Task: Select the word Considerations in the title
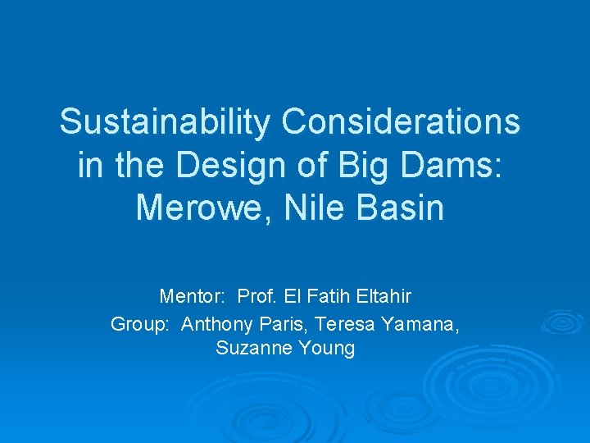[x=401, y=122]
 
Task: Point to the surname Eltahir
[x=382, y=295]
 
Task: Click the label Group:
[x=140, y=324]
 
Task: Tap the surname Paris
[x=278, y=324]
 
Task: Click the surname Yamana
[x=420, y=324]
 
